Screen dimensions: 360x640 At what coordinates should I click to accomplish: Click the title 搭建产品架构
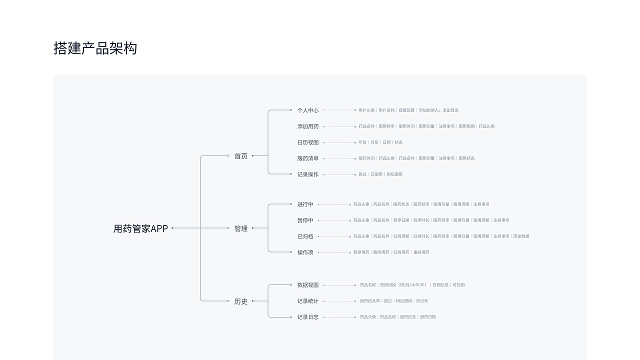point(95,48)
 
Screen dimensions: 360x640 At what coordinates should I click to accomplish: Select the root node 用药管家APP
point(140,228)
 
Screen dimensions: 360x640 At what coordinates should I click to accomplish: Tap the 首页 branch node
point(241,156)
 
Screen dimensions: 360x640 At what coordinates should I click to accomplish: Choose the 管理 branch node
point(241,228)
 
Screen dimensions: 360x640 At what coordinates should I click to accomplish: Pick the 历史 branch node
point(241,301)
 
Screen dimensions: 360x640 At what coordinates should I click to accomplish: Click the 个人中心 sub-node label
point(307,110)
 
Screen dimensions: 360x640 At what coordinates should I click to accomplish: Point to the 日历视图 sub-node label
point(307,142)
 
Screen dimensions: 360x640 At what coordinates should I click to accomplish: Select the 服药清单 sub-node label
point(307,158)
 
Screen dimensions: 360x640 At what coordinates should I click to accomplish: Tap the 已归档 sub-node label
point(305,236)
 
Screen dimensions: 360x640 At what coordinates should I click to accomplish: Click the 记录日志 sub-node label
point(307,317)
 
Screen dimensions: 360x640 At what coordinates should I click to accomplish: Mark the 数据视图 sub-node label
point(307,285)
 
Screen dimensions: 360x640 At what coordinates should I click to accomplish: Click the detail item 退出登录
point(450,110)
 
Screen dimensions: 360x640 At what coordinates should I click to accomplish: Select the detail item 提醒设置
point(406,110)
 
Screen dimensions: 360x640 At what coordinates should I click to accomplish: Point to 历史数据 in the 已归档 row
point(521,236)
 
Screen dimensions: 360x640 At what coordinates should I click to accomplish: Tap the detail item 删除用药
point(381,252)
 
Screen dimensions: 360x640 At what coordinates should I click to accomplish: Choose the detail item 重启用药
point(421,252)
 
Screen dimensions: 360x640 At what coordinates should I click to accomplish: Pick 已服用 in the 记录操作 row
point(376,174)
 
